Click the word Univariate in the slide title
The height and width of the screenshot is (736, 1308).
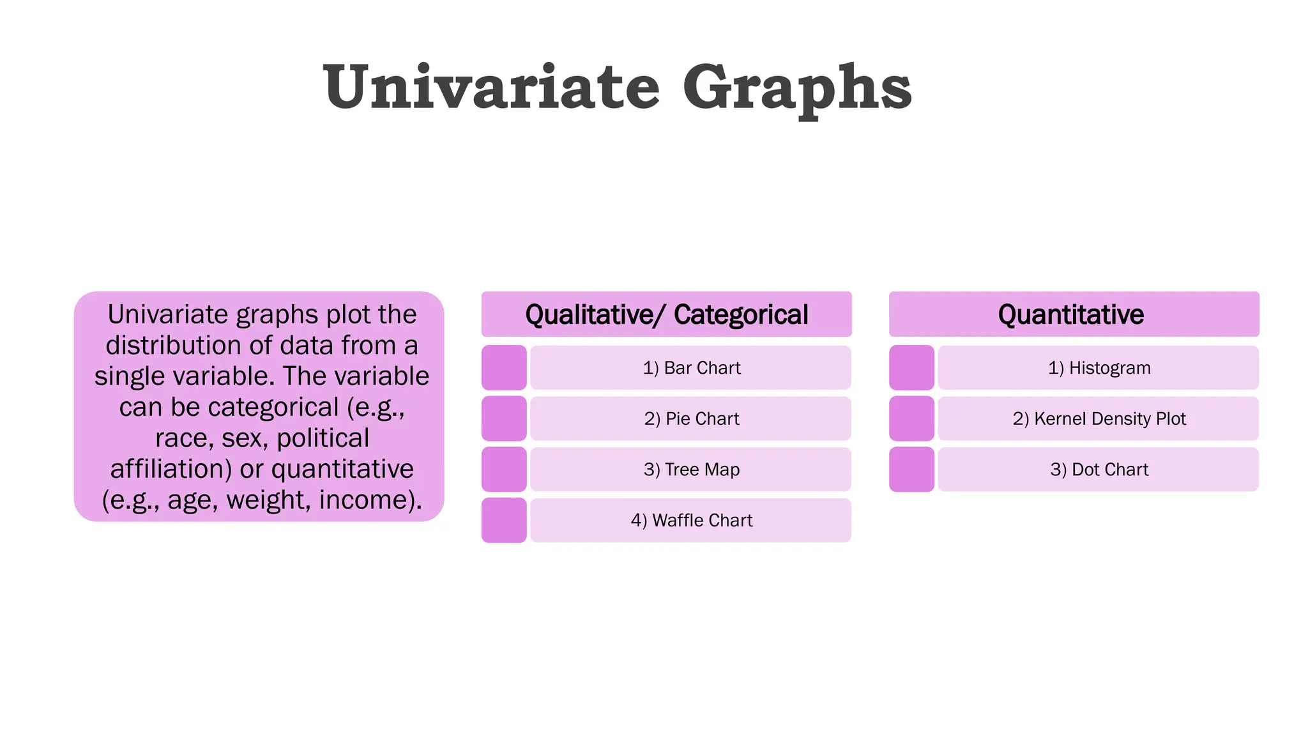click(491, 88)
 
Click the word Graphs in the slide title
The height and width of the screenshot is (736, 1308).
click(797, 89)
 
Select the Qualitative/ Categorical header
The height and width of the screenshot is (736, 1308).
click(666, 314)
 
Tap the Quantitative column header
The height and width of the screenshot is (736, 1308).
click(1074, 314)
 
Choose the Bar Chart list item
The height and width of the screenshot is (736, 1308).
click(691, 368)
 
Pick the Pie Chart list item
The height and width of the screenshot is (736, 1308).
click(691, 418)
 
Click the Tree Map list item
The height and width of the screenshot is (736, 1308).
click(691, 470)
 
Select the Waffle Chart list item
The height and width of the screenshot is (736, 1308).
click(691, 521)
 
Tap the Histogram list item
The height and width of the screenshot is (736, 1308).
click(1099, 368)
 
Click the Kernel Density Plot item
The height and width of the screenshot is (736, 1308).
click(1099, 418)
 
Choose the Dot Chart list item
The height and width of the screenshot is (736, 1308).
click(1099, 470)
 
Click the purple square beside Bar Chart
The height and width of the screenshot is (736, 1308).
click(504, 368)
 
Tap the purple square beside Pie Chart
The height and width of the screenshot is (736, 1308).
click(504, 418)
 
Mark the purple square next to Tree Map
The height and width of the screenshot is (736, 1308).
click(504, 470)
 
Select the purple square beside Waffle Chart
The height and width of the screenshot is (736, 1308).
click(504, 521)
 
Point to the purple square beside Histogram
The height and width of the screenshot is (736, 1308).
click(911, 368)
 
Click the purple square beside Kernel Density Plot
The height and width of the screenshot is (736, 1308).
click(911, 418)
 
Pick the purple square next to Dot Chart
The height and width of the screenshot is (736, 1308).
click(911, 470)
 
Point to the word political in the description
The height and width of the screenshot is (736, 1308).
click(323, 438)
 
